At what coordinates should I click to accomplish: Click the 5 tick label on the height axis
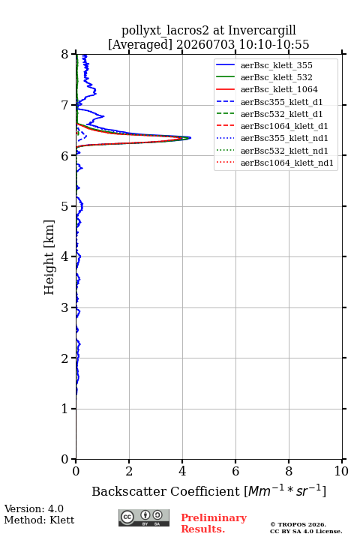(65, 206)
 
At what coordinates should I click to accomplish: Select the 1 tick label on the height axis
(65, 409)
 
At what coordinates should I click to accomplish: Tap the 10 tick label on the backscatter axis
(341, 471)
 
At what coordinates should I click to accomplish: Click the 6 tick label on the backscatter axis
(235, 471)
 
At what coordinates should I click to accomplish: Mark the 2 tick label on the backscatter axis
(129, 471)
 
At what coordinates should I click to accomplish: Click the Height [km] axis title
(49, 257)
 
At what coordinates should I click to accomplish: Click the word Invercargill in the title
(262, 31)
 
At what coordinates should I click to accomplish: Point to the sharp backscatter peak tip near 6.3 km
(190, 138)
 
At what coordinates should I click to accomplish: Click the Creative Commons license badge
(144, 517)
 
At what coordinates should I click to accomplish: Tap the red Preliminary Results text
(214, 523)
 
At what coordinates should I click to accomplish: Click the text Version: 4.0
(34, 508)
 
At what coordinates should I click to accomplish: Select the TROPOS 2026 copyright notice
(298, 524)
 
